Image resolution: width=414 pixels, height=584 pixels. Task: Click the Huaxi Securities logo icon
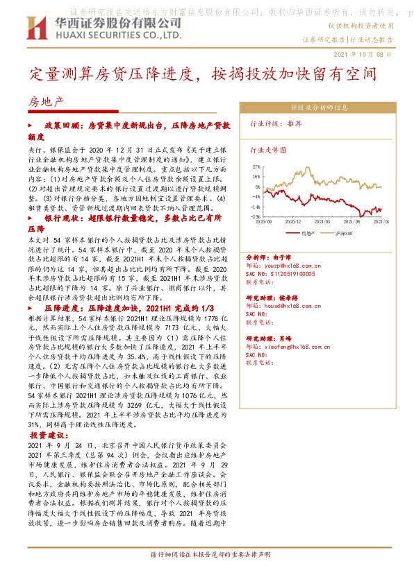coord(33,27)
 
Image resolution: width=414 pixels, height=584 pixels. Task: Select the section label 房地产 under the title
coord(45,101)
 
